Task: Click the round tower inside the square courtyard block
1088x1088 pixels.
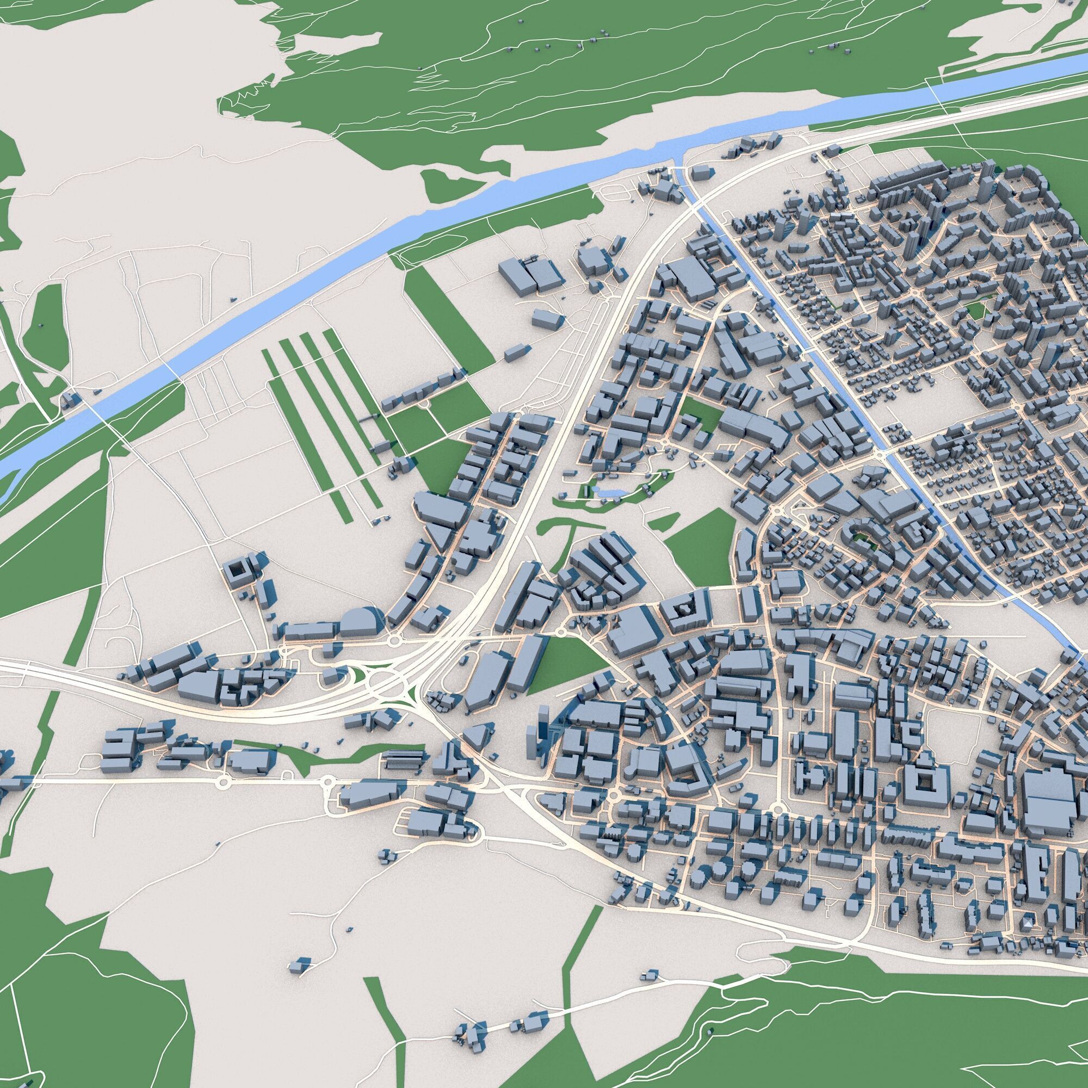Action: click(x=684, y=609)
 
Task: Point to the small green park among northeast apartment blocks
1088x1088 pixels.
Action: click(x=975, y=308)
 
